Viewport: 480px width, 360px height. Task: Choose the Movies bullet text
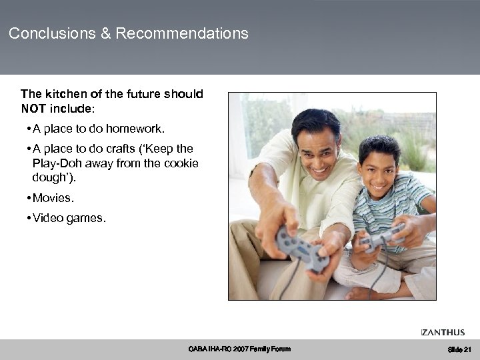(x=53, y=197)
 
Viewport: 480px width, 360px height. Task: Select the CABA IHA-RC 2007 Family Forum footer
(x=240, y=349)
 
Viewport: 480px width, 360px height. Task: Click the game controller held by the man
(x=301, y=248)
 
